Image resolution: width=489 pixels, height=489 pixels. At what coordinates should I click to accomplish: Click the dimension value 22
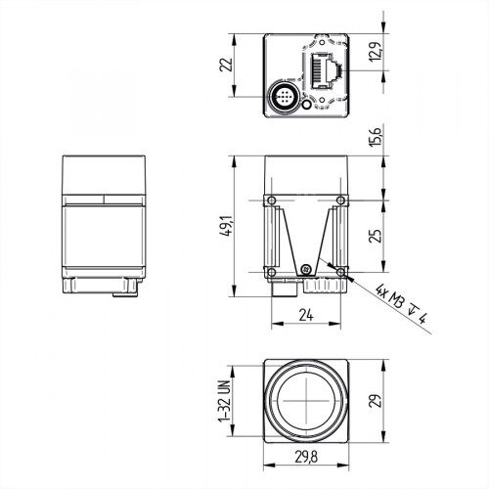pos(224,65)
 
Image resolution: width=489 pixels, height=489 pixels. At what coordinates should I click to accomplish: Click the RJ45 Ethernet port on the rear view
pos(324,69)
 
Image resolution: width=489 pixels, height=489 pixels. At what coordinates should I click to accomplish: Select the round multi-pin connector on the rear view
pos(282,98)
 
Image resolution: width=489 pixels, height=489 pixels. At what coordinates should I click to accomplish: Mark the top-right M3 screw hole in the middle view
pos(339,201)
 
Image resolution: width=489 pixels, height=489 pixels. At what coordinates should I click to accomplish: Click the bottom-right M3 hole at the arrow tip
pos(339,271)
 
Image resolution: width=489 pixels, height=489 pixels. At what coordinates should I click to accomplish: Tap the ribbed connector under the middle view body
pos(323,287)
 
